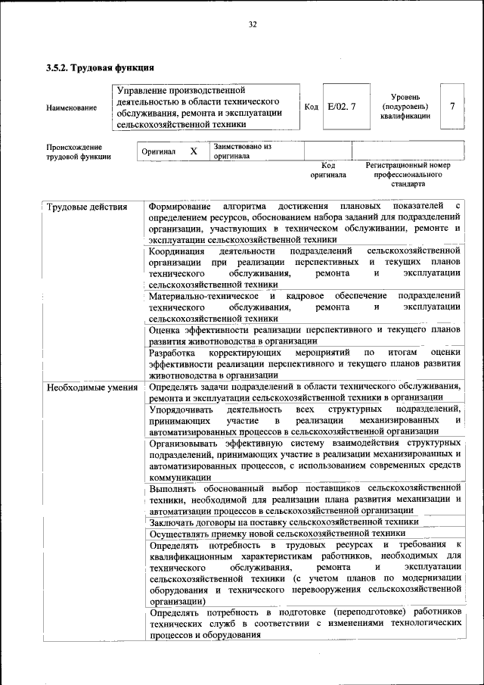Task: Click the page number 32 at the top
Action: tap(253, 25)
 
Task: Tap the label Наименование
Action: tap(71, 108)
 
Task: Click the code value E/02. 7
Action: tap(342, 107)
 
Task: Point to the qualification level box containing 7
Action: tap(452, 107)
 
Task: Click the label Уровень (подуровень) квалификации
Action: tap(405, 107)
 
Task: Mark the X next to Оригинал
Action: tap(194, 151)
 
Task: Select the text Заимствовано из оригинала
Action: tap(241, 151)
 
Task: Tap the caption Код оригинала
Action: tap(328, 170)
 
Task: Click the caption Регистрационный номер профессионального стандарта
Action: tap(408, 174)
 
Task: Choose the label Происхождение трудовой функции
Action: tap(79, 151)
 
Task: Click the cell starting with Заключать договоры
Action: tap(284, 522)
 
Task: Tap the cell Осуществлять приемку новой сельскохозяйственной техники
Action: tap(278, 534)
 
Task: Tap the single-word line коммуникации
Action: tap(180, 478)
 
